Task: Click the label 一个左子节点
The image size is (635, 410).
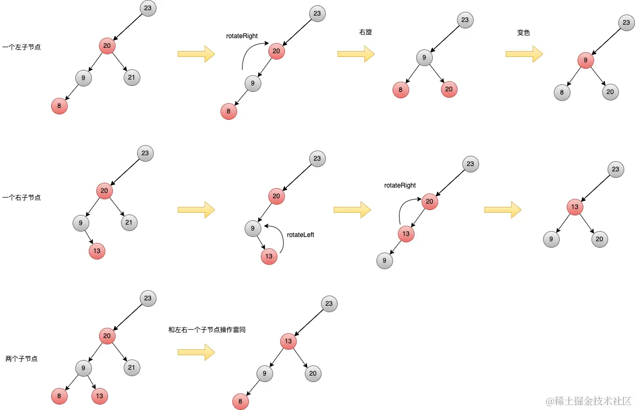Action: [22, 47]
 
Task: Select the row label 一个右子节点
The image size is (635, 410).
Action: [22, 198]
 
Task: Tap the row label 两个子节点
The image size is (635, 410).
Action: [22, 358]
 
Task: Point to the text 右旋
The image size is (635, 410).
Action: [366, 32]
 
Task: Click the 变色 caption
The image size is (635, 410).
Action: [524, 32]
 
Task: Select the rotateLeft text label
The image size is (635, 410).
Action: [301, 235]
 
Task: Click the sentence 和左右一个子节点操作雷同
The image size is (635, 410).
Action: [207, 330]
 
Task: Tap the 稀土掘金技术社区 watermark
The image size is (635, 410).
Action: [588, 401]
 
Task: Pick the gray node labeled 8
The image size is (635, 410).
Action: [562, 92]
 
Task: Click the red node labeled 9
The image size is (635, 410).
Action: [586, 61]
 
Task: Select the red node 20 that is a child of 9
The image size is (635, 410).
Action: [449, 89]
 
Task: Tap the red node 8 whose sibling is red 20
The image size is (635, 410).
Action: [401, 89]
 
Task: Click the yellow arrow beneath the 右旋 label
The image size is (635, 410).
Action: [355, 53]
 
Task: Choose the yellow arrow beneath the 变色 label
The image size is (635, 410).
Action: [524, 53]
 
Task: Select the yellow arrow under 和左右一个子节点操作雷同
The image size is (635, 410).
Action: [196, 353]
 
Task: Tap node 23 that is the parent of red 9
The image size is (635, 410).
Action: [625, 23]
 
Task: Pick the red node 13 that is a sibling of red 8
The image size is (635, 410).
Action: [99, 397]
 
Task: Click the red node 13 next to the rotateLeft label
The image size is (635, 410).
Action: [269, 256]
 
